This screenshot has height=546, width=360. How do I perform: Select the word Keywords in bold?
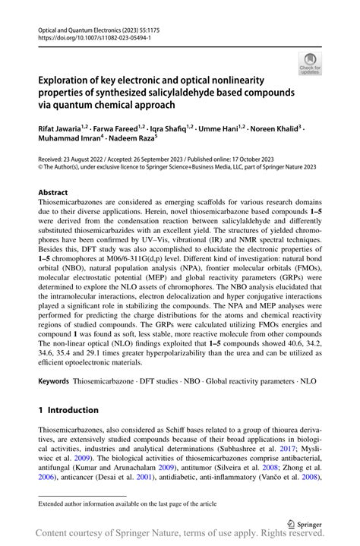[56, 377]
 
